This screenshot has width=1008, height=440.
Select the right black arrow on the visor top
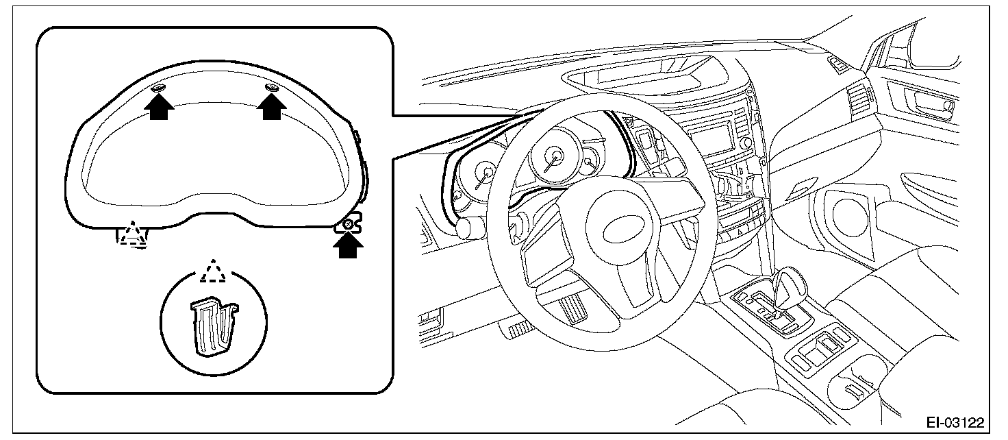(272, 107)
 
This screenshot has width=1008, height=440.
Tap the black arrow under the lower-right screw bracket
(349, 245)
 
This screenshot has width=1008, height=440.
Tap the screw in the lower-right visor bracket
(349, 223)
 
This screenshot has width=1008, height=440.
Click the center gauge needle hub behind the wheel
(552, 155)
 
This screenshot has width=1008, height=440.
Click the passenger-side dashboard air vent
(859, 100)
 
